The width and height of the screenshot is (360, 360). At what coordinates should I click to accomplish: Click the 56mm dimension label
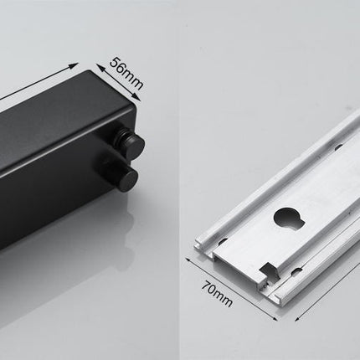pyautogui.click(x=126, y=73)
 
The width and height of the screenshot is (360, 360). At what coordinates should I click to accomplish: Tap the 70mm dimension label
pyautogui.click(x=217, y=294)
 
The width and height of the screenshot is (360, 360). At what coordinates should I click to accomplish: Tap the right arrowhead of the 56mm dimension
pyautogui.click(x=136, y=96)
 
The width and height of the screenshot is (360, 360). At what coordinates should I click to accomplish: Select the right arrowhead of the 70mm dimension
pyautogui.click(x=275, y=317)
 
